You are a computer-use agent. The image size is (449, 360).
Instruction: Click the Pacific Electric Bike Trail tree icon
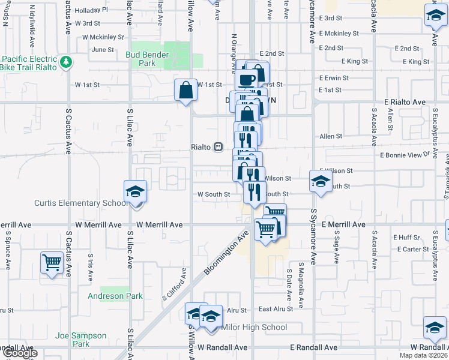pyautogui.click(x=65, y=61)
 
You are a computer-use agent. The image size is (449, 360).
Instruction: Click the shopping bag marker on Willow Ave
pyautogui.click(x=186, y=90)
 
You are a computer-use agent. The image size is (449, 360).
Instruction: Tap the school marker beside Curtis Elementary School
pyautogui.click(x=136, y=191)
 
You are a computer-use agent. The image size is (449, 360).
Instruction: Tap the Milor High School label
pyautogui.click(x=255, y=328)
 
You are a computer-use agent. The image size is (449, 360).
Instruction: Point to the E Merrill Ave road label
pyautogui.click(x=343, y=224)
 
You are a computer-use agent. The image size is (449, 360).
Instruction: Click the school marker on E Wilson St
pyautogui.click(x=321, y=180)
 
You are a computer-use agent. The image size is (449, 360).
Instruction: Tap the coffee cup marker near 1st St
pyautogui.click(x=247, y=79)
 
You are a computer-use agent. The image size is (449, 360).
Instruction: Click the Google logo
pyautogui.click(x=19, y=353)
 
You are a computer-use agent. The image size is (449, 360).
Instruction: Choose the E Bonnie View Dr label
pyautogui.click(x=406, y=155)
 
